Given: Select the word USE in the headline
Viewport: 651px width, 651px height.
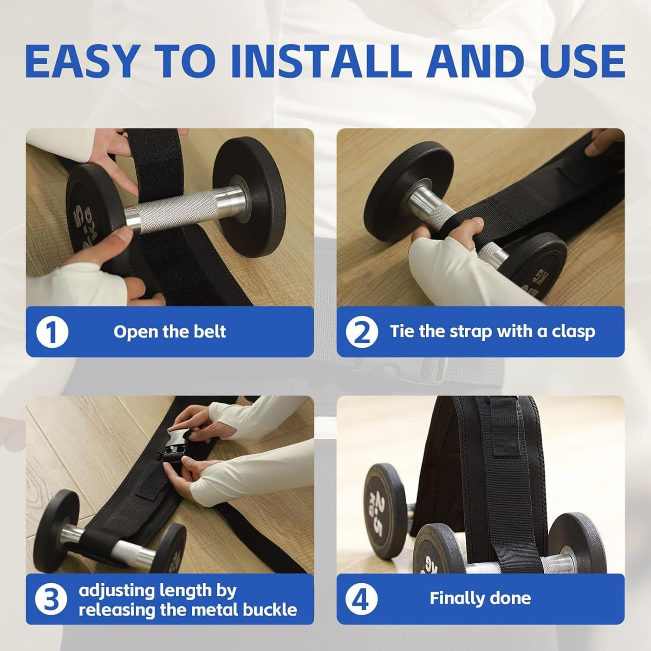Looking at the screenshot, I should click(x=578, y=61).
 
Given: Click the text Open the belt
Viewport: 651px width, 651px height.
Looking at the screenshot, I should click(x=170, y=332).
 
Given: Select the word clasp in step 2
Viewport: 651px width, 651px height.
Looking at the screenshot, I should click(x=573, y=332).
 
